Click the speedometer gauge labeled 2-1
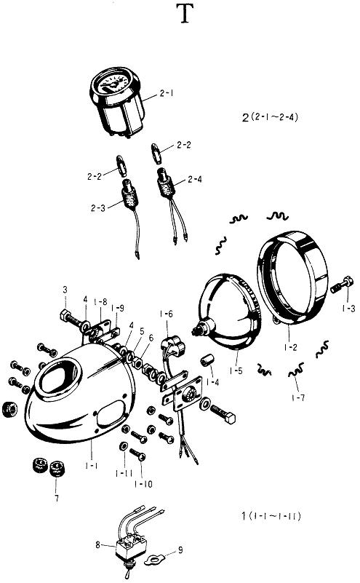[x=116, y=102]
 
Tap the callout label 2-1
[x=167, y=93]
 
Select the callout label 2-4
[x=195, y=180]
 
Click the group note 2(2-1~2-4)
[x=270, y=117]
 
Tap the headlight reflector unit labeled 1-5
[x=228, y=312]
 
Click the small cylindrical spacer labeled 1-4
[x=207, y=361]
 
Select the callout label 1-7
[x=298, y=398]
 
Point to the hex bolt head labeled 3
[x=64, y=315]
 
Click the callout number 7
[x=57, y=499]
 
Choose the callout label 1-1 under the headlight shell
[x=92, y=465]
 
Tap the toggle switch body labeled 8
[x=131, y=547]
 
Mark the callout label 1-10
[x=143, y=484]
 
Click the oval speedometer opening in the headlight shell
[x=59, y=376]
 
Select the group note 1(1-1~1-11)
[x=271, y=516]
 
